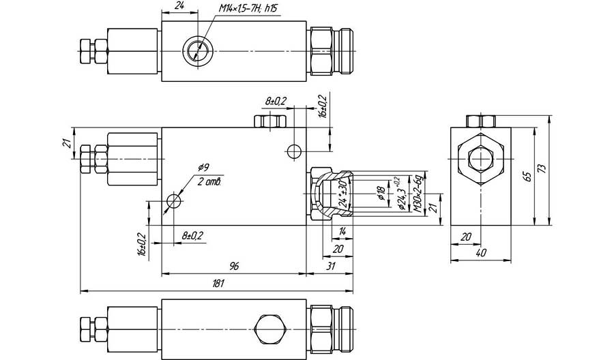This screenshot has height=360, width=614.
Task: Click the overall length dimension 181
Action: tap(218, 284)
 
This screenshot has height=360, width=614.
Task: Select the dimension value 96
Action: tap(233, 267)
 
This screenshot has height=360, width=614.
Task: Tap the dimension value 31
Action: tap(331, 267)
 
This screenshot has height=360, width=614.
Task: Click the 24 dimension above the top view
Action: tap(179, 5)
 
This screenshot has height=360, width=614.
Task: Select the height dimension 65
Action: tap(527, 176)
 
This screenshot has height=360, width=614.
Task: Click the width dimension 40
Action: tap(481, 253)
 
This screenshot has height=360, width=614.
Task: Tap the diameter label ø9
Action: tap(203, 168)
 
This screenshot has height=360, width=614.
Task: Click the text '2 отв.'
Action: tap(210, 181)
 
